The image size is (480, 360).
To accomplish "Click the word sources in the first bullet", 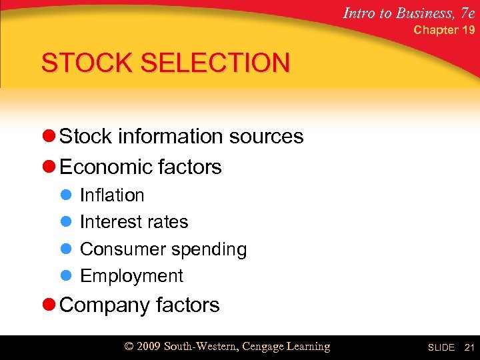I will [x=266, y=137].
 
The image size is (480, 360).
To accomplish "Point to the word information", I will [x=173, y=137].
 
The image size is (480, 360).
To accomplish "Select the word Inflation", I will [x=112, y=195].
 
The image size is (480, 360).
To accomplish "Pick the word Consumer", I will [x=123, y=249].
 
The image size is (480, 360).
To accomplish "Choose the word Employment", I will [x=131, y=276].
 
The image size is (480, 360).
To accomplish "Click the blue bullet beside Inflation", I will [x=65, y=195].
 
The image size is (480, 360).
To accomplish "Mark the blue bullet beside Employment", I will [x=65, y=276].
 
